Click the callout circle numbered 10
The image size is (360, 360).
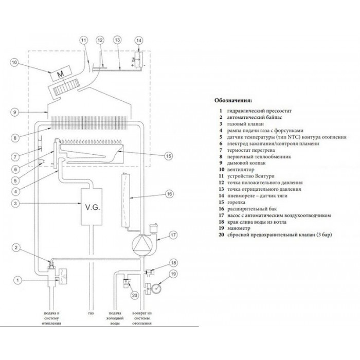[x=14, y=62]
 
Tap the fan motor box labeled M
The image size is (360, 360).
[x=60, y=73]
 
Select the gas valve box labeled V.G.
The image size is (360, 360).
[x=92, y=207]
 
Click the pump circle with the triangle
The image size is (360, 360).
[x=140, y=244]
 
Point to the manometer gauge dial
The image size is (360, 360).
[x=156, y=287]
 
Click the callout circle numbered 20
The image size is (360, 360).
[x=135, y=295]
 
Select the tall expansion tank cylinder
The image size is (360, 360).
[x=125, y=200]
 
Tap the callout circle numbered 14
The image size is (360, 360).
[x=139, y=41]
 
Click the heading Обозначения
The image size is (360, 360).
[x=233, y=101]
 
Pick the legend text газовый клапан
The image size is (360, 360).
[x=245, y=124]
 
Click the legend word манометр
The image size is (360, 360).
[x=239, y=228]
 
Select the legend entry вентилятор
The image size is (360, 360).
[x=241, y=170]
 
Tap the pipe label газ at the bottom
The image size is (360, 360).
[x=91, y=313]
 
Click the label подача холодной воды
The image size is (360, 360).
[x=115, y=318]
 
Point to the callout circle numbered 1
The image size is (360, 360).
[x=17, y=280]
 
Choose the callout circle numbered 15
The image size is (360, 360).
[x=169, y=156]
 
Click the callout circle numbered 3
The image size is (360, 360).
[x=15, y=204]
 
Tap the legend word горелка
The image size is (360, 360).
[x=236, y=202]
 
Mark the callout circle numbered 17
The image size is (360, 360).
[x=173, y=235]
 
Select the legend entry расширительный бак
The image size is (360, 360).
[x=252, y=209]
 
